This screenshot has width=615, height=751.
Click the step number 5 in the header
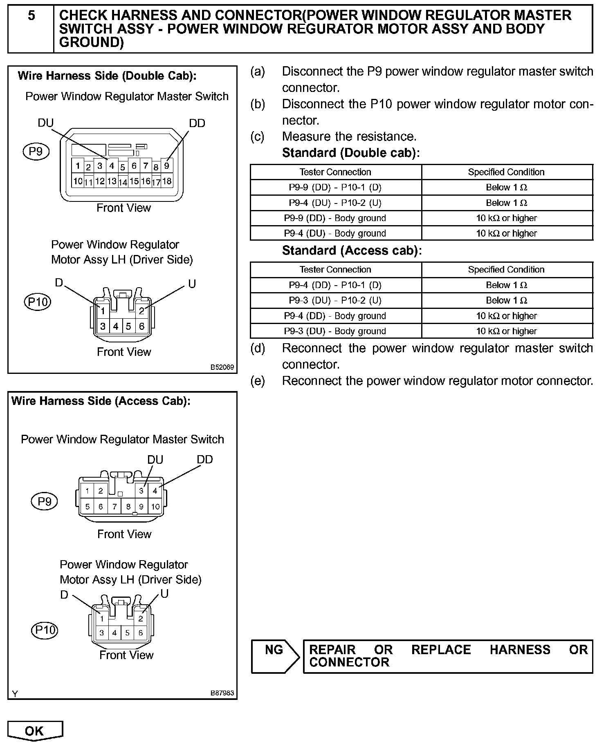[31, 16]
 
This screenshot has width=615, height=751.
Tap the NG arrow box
[275, 656]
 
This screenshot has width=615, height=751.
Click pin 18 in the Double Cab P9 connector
[167, 181]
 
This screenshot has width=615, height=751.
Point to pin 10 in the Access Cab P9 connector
[155, 507]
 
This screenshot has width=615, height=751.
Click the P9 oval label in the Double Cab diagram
[36, 152]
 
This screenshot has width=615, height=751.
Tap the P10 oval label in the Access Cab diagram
[45, 630]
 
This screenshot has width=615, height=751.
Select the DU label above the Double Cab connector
[45, 123]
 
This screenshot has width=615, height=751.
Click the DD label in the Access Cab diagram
[205, 460]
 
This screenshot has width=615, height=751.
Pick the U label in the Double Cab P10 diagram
[192, 284]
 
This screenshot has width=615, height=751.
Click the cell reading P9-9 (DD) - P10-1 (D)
[335, 188]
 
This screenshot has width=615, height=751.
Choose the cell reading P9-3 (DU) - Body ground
[335, 331]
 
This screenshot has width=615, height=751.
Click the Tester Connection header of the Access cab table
[335, 270]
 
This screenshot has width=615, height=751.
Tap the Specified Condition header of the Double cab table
[506, 172]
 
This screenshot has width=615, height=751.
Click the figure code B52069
[222, 367]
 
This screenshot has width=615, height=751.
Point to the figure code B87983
[222, 693]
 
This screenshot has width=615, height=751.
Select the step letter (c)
[258, 136]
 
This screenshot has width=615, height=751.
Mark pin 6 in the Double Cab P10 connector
[141, 326]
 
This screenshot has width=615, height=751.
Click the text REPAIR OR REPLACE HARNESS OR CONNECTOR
[448, 656]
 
